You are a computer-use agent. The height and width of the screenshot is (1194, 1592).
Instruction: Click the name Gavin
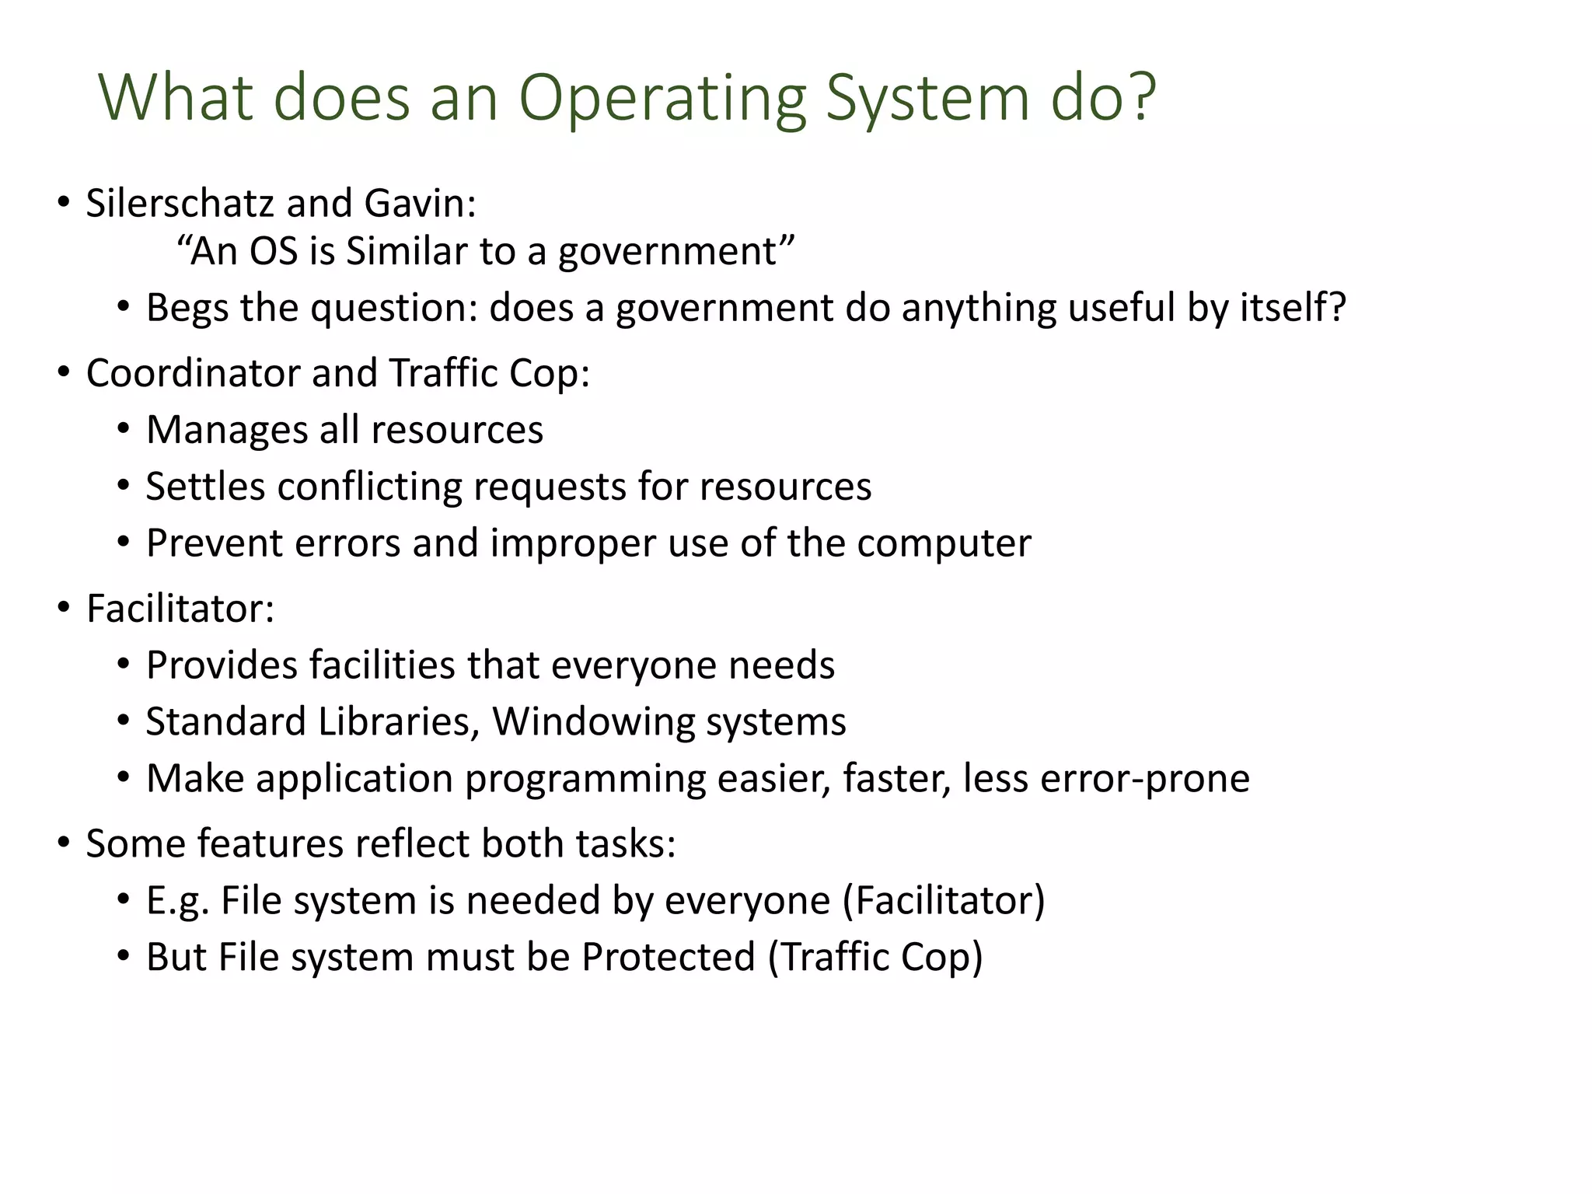418,204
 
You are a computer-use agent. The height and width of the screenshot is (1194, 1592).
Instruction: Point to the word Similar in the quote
407,252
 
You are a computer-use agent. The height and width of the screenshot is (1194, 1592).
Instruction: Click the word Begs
187,308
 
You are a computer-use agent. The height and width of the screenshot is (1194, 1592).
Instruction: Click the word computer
944,543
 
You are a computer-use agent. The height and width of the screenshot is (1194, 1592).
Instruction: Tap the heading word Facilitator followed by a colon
180,609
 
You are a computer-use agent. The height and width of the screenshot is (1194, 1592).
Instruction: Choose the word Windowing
593,722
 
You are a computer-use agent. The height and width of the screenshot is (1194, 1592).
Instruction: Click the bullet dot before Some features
64,844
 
